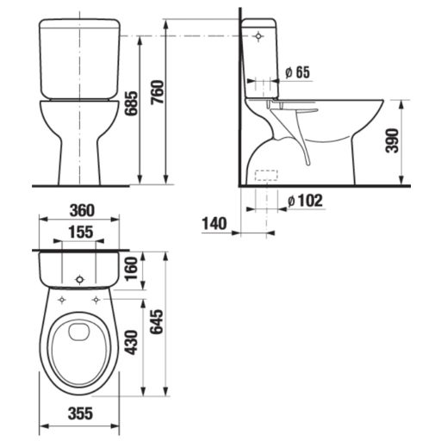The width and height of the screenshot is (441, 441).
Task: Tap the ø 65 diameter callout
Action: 296,72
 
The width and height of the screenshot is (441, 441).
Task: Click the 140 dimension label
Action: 213,223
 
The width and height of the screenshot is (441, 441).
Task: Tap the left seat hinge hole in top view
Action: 64,300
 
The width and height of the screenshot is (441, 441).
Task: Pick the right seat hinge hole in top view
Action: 96,300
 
